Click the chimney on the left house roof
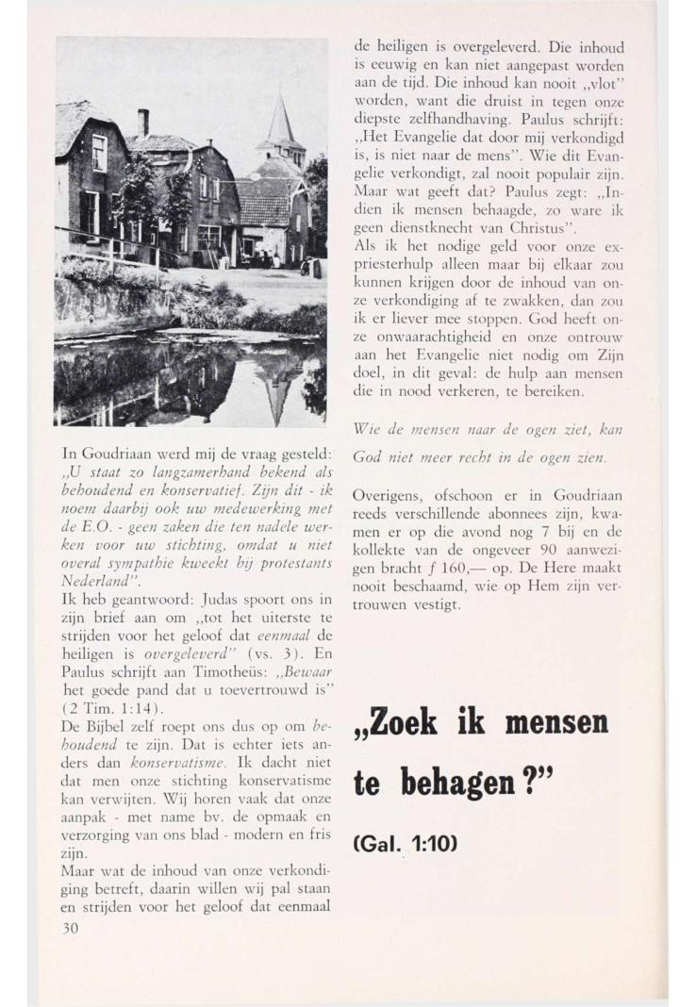pyautogui.click(x=143, y=122)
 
